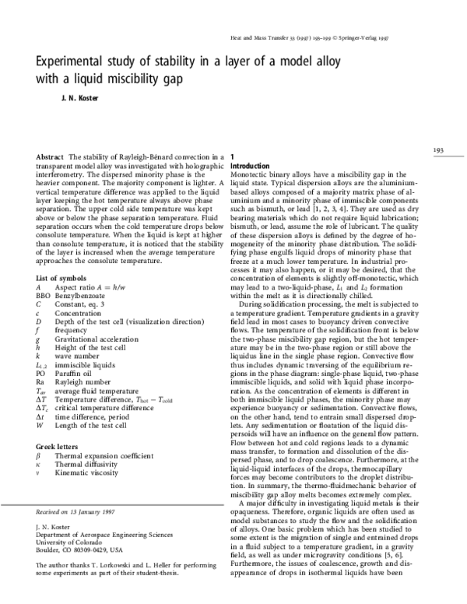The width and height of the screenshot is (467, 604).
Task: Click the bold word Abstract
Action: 51,157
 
